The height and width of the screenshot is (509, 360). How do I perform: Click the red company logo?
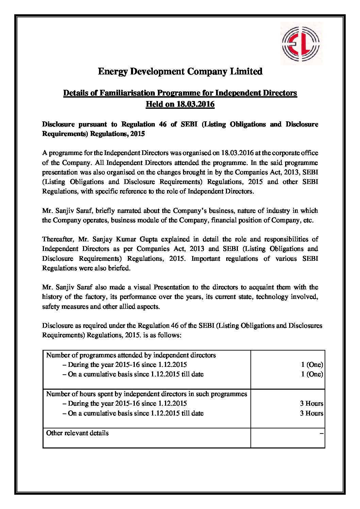301,43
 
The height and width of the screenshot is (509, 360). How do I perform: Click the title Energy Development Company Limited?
180,72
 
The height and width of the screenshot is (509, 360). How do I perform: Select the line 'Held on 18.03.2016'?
180,104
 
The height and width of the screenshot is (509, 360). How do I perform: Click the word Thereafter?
58,239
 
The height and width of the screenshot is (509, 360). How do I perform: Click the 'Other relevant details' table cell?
78,433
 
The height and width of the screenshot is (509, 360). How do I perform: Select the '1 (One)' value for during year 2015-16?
312,365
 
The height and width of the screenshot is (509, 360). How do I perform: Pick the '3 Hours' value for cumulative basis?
311,413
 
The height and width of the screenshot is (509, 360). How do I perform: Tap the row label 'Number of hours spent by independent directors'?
146,394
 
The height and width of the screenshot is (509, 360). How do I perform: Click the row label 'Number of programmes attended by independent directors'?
131,355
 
